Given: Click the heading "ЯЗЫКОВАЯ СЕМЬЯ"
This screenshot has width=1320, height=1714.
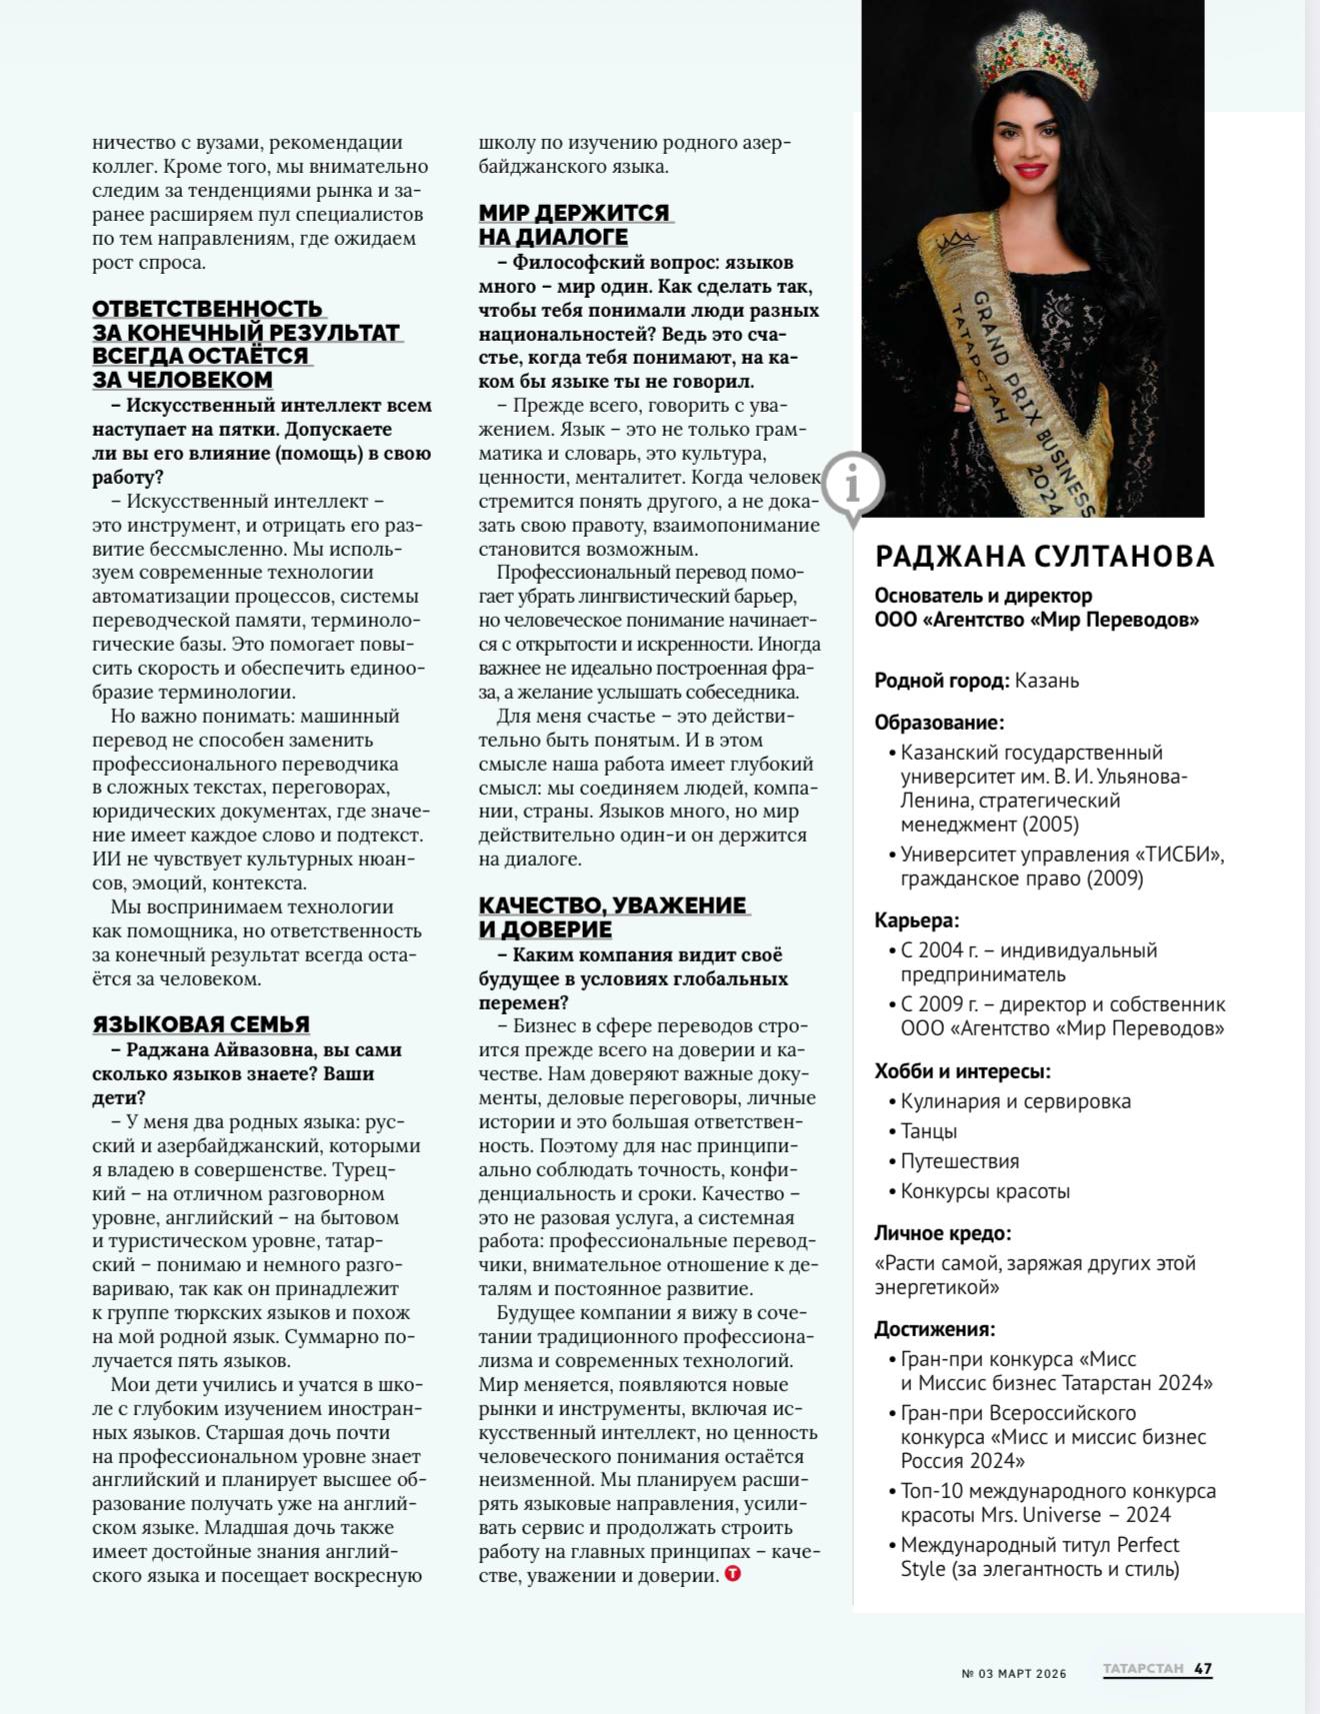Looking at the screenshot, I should [201, 1024].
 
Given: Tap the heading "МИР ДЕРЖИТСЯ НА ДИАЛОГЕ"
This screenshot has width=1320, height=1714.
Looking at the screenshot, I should [573, 225].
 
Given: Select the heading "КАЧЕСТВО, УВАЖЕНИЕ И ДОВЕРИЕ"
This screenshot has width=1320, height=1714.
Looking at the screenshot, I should [613, 917].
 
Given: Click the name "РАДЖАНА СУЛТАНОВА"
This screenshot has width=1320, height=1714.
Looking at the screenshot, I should [1044, 557].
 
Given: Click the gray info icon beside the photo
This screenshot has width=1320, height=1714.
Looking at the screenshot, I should [852, 485].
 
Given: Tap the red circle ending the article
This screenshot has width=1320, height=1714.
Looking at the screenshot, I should [732, 1575].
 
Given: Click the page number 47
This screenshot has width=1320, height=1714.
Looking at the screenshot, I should [1203, 1669].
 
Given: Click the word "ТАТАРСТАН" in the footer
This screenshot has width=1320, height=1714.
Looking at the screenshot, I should [1143, 1669].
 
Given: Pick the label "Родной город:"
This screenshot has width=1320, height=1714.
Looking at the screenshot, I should [941, 681].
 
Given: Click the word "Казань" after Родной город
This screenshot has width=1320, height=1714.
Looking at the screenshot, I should [1047, 681].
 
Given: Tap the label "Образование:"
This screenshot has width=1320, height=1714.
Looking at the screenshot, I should [939, 723].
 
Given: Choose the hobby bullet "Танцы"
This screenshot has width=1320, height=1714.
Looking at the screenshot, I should [929, 1131].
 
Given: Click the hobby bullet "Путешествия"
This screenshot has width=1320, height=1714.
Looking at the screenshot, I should [960, 1161].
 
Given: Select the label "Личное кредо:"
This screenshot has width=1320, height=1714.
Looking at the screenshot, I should [943, 1233].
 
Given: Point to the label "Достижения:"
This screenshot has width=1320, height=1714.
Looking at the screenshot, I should [935, 1329].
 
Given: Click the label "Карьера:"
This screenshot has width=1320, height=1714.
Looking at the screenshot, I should [916, 920].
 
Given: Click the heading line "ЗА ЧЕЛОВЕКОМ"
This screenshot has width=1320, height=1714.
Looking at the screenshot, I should [183, 380].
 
